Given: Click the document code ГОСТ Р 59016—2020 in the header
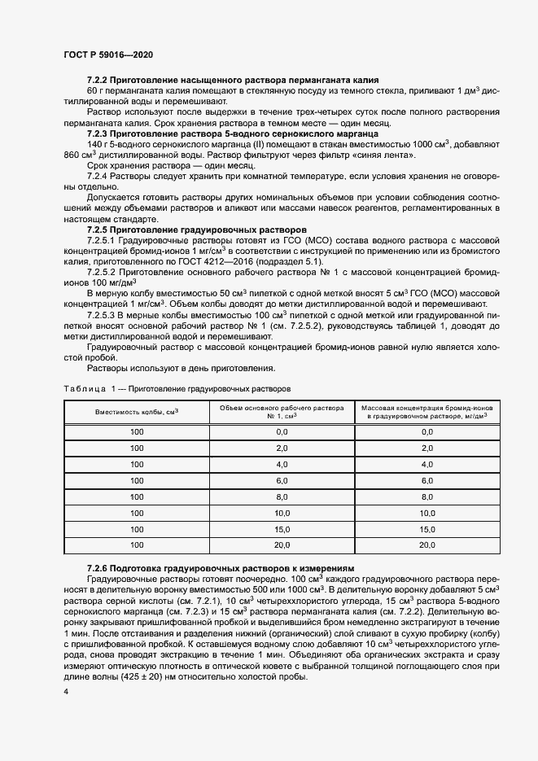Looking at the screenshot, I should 107,54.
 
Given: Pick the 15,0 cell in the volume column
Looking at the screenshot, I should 282,529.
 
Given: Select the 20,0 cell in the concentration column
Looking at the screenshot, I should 426,545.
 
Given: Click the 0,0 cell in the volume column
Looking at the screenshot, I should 282,432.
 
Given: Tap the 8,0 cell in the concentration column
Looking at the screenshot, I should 426,496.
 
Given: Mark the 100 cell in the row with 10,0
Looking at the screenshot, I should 137,513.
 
